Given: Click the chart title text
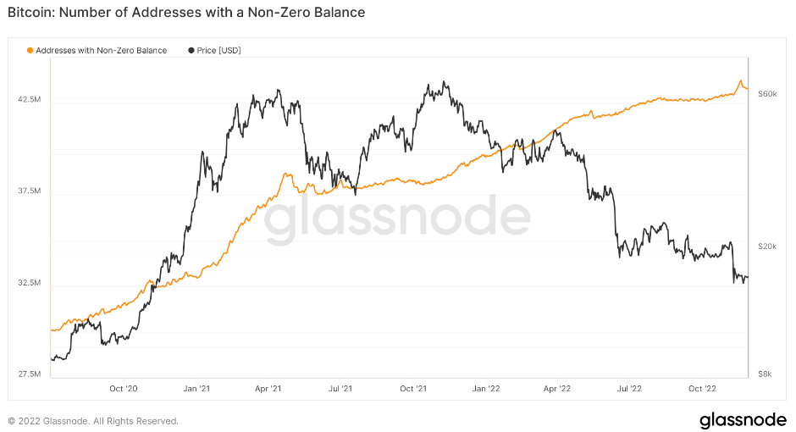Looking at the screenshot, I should [x=186, y=13].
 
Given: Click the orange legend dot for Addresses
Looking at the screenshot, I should [x=30, y=51].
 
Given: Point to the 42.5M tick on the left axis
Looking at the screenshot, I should [x=30, y=100].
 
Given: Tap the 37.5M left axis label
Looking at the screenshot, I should [x=30, y=191].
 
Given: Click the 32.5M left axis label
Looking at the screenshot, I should [x=30, y=283].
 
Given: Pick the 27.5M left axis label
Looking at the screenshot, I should [x=30, y=374].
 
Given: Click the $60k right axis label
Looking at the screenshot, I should [x=767, y=93].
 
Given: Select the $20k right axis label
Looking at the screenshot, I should [x=767, y=246].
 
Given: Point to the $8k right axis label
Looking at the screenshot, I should [x=766, y=374].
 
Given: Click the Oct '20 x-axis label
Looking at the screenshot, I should [x=124, y=389].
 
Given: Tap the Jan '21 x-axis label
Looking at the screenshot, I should [x=196, y=389].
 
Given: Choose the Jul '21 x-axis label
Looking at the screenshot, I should [x=340, y=389].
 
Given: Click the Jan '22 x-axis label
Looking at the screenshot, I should [x=485, y=389].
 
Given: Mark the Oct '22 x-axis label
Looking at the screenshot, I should [x=702, y=389].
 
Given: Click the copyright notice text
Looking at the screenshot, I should [x=93, y=421].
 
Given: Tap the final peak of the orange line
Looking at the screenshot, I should [x=741, y=81].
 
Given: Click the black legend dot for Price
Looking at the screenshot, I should [x=191, y=51].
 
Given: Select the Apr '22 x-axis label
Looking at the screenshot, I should [x=557, y=389].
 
